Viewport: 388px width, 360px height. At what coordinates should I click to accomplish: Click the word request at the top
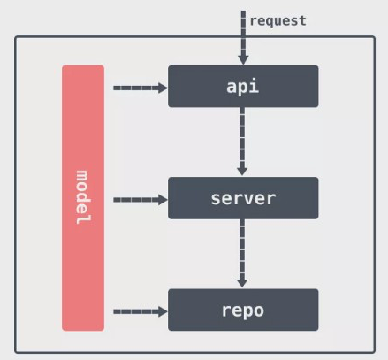(x=278, y=19)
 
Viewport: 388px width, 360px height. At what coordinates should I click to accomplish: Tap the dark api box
(x=243, y=86)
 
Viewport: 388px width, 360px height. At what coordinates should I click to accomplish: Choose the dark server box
(x=243, y=198)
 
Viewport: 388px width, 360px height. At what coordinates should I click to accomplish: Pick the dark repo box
(x=243, y=310)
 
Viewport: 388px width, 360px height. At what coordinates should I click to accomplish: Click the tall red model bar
(x=83, y=198)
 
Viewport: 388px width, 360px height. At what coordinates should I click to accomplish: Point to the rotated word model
(x=83, y=197)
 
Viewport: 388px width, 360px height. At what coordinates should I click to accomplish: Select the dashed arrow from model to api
(x=137, y=88)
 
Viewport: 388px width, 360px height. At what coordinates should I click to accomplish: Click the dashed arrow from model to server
(x=137, y=200)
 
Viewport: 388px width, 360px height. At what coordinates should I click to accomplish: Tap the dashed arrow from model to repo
(x=137, y=311)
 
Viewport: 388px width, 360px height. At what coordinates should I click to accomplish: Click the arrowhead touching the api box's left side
(x=162, y=88)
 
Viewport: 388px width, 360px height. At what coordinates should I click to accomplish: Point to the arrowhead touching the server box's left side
(x=162, y=200)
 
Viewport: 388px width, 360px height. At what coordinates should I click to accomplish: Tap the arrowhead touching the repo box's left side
(x=162, y=311)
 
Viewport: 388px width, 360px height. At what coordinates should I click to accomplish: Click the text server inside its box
(x=243, y=198)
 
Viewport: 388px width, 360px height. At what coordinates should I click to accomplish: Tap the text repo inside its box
(x=243, y=310)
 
